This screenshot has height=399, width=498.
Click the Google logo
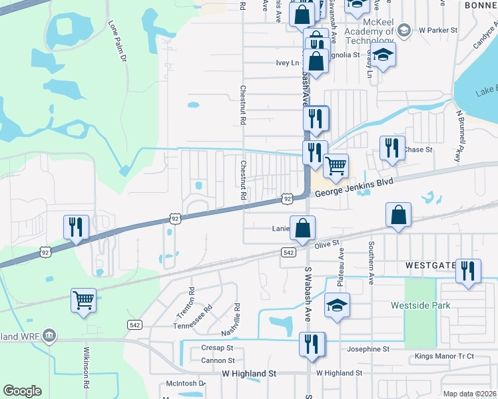point(22,391)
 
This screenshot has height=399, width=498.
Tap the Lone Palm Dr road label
point(117,41)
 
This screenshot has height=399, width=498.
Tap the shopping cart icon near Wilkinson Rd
point(83,300)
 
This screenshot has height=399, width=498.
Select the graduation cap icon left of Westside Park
point(337,306)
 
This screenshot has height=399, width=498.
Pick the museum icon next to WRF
point(49,335)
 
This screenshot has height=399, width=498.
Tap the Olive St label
point(327,245)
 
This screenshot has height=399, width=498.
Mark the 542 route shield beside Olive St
point(288,253)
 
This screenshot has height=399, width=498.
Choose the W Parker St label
point(438,31)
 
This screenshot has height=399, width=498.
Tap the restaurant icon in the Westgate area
point(468,271)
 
